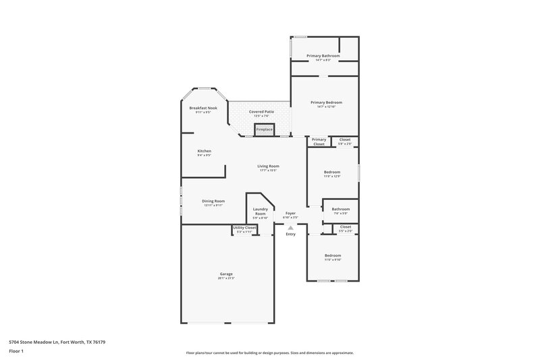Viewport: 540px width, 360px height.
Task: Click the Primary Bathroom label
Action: [x=323, y=55]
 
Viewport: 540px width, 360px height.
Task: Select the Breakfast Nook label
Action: [x=203, y=108]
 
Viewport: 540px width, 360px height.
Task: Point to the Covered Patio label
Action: [x=261, y=111]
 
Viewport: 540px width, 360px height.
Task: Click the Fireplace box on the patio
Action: [x=265, y=129]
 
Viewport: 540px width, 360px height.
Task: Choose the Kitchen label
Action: [x=204, y=151]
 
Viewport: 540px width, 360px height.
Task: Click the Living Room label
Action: [x=268, y=165]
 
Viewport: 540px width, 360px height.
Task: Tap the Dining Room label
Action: [x=213, y=201]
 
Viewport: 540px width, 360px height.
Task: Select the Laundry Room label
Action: [x=260, y=211]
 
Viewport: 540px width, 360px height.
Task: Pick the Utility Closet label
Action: [x=244, y=228]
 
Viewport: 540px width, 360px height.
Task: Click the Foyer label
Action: [x=290, y=213]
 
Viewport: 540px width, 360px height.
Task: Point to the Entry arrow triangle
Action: [x=290, y=228]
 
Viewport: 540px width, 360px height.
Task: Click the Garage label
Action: [x=225, y=274]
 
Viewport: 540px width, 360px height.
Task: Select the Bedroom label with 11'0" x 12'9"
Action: [x=331, y=172]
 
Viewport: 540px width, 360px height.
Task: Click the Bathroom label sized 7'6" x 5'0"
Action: [x=340, y=209]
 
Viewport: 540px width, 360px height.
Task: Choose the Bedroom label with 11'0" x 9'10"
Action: [x=333, y=255]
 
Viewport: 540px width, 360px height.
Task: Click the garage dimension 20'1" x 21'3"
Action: [x=225, y=278]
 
